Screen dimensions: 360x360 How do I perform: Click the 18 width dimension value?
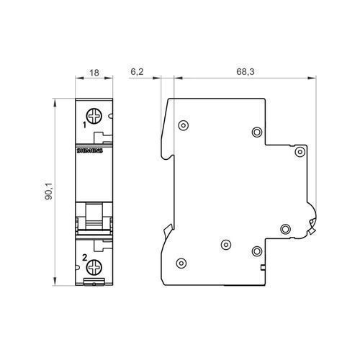tap(94, 73)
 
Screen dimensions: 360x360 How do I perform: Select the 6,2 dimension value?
tap(137, 71)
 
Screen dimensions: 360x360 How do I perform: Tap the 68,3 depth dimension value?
tap(246, 71)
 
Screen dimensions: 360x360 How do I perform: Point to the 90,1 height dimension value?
tap(49, 192)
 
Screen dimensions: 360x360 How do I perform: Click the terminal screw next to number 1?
tap(94, 116)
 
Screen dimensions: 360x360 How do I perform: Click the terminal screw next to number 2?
tap(94, 267)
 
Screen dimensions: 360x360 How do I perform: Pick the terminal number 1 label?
tap(84, 125)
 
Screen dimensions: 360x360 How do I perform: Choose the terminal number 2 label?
tap(84, 258)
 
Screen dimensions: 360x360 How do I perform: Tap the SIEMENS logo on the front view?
tap(90, 150)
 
